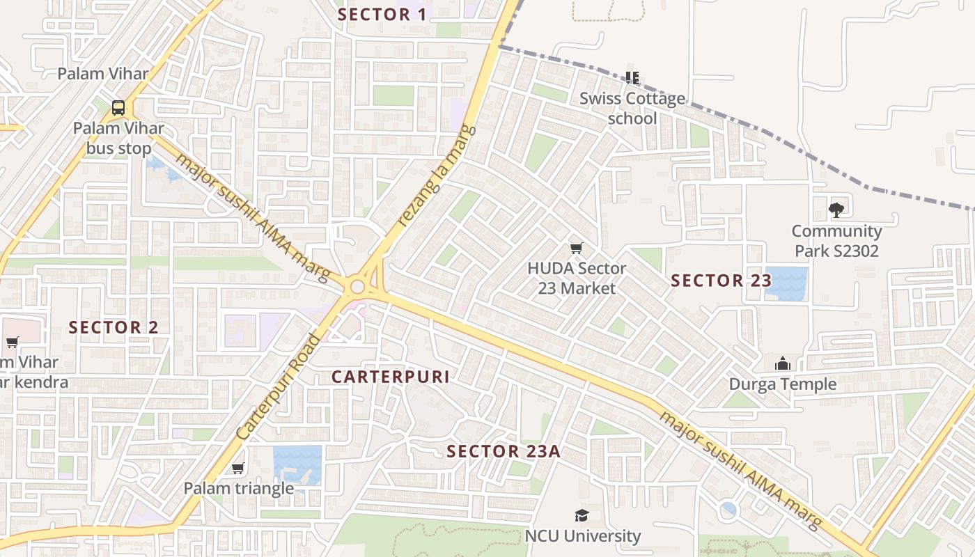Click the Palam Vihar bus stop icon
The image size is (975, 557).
click(118, 108)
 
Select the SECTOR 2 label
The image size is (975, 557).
click(114, 327)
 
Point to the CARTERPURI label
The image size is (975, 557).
click(390, 377)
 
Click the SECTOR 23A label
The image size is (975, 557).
click(504, 451)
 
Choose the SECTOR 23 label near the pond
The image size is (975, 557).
click(721, 281)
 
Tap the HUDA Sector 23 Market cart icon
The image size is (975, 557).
click(576, 248)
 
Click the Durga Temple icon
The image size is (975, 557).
click(783, 363)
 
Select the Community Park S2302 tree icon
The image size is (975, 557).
click(836, 209)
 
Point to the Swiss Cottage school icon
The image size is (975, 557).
click(632, 77)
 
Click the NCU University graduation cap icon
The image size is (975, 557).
click(582, 515)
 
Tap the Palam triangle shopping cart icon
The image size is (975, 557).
click(238, 468)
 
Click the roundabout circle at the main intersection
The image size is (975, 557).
click(358, 286)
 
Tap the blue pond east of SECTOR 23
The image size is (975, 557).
click(787, 283)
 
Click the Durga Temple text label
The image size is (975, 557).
click(783, 384)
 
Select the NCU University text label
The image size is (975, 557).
click(582, 536)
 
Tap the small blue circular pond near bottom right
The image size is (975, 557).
click(728, 510)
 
